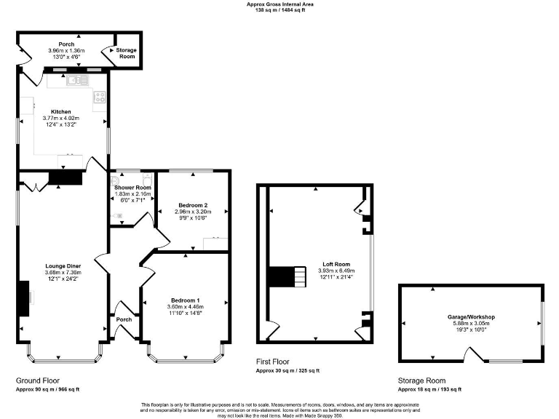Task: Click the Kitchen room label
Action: (61, 111)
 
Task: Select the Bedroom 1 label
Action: (185, 300)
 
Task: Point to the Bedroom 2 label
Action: (193, 205)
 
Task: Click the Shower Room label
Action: (132, 188)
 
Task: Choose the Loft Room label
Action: (336, 264)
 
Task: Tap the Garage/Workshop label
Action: (471, 317)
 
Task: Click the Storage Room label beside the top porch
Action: (127, 53)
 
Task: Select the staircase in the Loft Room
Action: (286, 276)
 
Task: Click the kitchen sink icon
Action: (75, 80)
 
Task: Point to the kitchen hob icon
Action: (100, 97)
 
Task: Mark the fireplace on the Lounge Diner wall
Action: (25, 298)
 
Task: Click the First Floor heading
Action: (273, 362)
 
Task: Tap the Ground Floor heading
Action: (38, 380)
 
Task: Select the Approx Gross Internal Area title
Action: (279, 4)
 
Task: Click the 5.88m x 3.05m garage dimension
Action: (471, 324)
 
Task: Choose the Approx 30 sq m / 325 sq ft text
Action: (287, 371)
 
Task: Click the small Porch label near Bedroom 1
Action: (124, 319)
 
